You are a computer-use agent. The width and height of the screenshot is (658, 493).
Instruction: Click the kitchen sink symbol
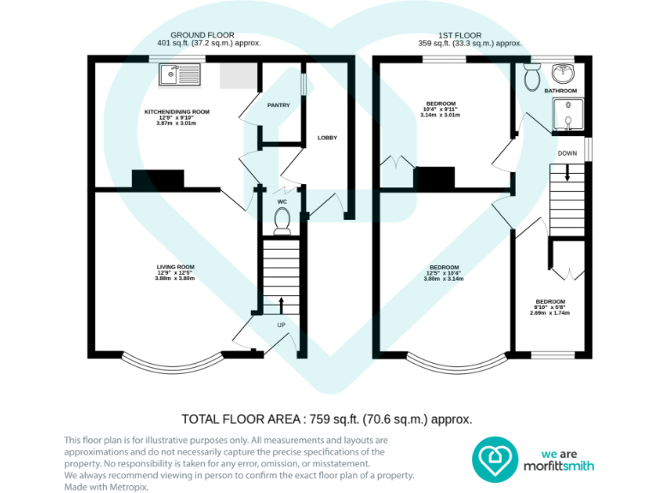179,76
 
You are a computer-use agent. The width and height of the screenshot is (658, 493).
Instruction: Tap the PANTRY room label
278,105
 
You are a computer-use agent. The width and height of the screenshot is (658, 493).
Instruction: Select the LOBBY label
327,138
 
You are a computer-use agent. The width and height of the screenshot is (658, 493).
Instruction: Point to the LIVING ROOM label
175,267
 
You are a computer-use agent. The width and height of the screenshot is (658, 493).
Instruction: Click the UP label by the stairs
280,325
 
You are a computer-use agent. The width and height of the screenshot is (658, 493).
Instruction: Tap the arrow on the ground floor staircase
281,305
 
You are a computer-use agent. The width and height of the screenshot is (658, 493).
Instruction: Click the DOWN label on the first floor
567,154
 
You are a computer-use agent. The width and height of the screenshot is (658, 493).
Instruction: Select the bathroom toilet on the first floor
531,78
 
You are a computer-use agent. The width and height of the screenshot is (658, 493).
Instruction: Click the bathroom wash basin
564,72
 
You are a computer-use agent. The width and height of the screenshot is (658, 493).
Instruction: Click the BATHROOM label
561,91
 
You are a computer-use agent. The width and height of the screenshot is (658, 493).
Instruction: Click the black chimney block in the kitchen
158,179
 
